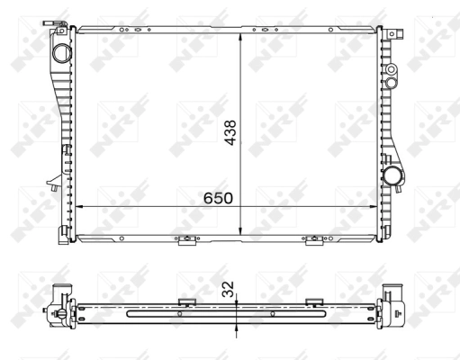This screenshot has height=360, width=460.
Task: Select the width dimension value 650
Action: click(x=220, y=196)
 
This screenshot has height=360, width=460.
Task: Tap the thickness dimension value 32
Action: click(x=228, y=288)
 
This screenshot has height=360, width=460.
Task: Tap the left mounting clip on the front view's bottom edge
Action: click(x=186, y=240)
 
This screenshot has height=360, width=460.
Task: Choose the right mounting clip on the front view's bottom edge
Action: click(x=314, y=240)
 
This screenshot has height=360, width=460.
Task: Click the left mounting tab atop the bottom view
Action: click(x=187, y=301)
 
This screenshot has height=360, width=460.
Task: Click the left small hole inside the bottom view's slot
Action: click(x=179, y=314)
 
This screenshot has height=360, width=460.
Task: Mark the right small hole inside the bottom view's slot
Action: click(x=273, y=314)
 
